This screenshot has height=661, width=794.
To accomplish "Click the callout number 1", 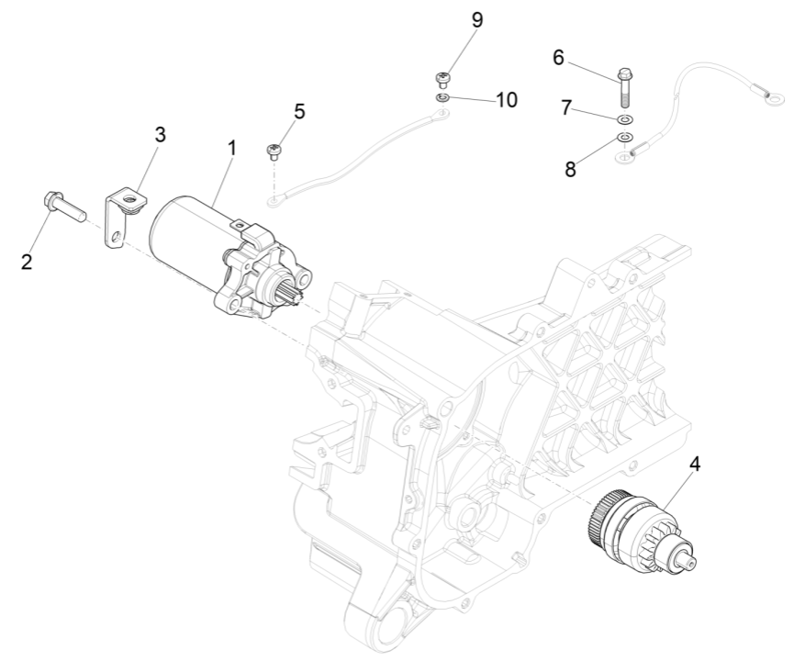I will tap(231, 147).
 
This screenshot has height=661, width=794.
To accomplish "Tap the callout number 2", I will tap(27, 262).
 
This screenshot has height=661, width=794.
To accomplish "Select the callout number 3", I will tap(160, 134).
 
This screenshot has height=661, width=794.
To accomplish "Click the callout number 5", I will tap(299, 111).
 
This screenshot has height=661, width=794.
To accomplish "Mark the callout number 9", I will tap(476, 19).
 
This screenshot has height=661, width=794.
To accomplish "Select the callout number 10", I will tap(506, 99).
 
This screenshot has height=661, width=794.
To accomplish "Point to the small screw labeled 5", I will tap(273, 151).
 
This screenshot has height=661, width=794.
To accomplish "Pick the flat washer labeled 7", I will tap(626, 120).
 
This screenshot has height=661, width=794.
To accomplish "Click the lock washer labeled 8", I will tap(623, 138).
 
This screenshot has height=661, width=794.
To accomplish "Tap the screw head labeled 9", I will tap(441, 78).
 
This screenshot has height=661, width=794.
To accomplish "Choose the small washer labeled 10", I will tap(442, 96).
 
